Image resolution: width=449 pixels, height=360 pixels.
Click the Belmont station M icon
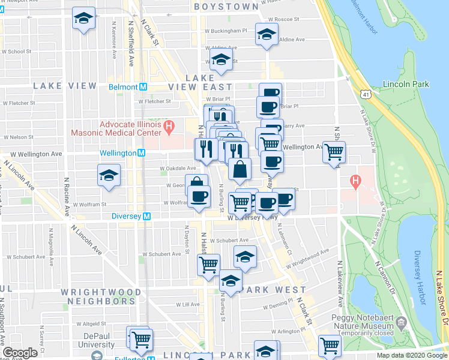[x=143, y=86]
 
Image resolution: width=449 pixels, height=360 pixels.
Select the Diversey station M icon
[x=146, y=216]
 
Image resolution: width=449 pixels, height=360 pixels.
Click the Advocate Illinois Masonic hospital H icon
[x=169, y=127]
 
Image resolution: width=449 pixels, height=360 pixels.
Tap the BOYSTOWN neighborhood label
[x=226, y=7]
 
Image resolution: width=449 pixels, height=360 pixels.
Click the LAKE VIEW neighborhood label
[x=65, y=86]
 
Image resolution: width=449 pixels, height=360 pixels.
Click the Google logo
[x=21, y=353]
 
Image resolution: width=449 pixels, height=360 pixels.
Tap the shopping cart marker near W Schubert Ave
[x=208, y=263]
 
